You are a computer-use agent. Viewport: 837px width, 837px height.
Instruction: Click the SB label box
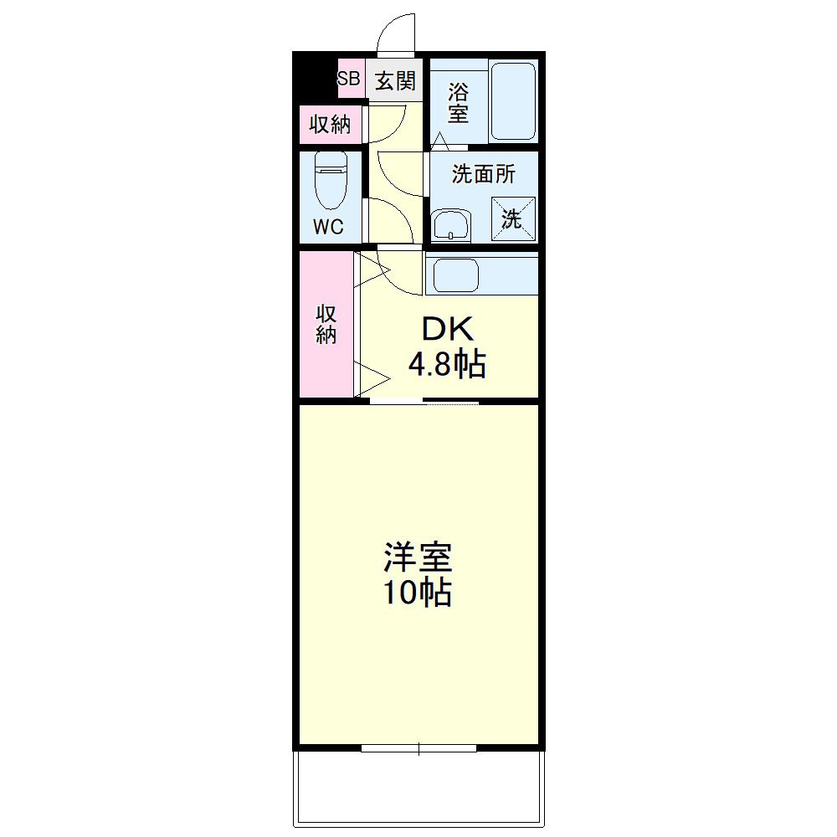[x=349, y=80]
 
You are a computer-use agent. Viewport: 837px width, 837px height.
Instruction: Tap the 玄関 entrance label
[x=395, y=80]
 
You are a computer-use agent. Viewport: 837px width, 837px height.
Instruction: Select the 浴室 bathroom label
[x=458, y=101]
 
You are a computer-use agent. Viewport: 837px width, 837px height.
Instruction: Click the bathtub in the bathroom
[x=512, y=101]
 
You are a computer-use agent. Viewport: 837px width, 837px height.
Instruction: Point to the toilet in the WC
[x=331, y=181]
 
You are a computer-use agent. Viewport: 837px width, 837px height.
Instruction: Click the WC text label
[x=329, y=227]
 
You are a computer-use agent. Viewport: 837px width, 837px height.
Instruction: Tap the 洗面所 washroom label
[x=484, y=173]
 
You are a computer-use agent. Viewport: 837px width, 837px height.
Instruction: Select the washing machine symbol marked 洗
[x=512, y=218]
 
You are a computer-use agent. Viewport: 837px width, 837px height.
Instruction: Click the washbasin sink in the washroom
[x=451, y=225]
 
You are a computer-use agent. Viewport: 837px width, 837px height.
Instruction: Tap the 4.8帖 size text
[x=448, y=365]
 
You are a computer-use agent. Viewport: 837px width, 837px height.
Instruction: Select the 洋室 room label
[x=418, y=557]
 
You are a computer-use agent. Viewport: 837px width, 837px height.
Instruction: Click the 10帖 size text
[x=418, y=593]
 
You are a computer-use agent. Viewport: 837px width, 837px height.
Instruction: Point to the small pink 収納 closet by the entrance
[x=330, y=125]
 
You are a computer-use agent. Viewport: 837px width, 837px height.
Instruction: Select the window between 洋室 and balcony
[x=418, y=748]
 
